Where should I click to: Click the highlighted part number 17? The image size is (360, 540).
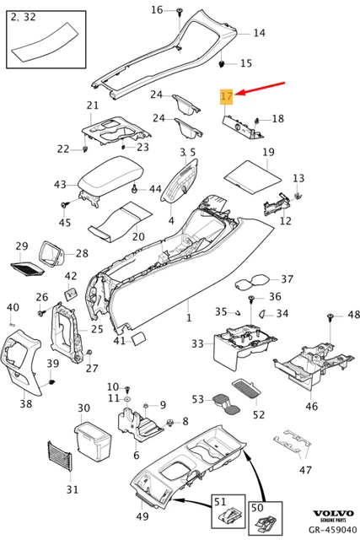click(226, 97)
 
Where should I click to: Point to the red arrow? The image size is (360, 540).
click(263, 89)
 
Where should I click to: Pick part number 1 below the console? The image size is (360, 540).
click(189, 319)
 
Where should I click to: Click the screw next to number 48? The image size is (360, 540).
click(330, 316)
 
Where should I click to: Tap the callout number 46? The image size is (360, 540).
click(312, 407)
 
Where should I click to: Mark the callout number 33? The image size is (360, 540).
click(197, 343)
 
